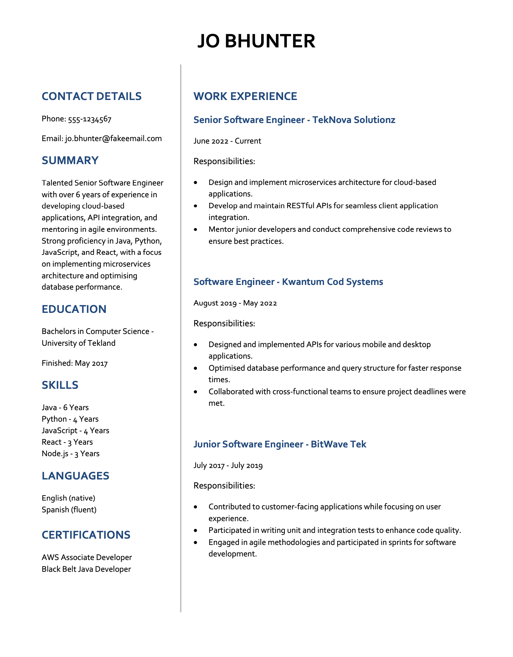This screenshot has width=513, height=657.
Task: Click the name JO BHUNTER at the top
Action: [x=256, y=41]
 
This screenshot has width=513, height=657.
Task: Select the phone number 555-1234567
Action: [x=90, y=119]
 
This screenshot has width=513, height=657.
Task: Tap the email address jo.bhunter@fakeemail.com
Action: [x=113, y=139]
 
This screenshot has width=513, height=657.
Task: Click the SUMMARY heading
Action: [x=70, y=161]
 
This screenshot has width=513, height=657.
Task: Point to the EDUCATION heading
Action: [x=74, y=309]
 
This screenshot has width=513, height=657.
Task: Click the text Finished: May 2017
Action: [x=75, y=363]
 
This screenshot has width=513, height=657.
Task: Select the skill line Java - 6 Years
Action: [x=65, y=408]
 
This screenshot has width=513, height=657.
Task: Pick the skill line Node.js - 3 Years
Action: [x=71, y=454]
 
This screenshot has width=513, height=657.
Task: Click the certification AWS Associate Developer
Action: [x=87, y=558]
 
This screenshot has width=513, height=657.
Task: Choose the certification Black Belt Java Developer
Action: [x=86, y=569]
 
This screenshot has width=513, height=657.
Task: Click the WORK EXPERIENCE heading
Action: [x=245, y=96]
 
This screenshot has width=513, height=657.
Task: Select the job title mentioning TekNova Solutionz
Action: [x=294, y=120]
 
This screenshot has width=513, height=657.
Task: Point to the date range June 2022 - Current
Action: [x=227, y=141]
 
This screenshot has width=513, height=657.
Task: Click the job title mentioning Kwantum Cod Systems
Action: [x=288, y=282]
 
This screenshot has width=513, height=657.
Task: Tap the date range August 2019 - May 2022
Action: [x=235, y=303]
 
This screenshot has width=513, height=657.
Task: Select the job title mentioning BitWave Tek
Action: [x=280, y=444]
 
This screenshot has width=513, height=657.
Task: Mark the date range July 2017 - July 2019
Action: [x=228, y=466]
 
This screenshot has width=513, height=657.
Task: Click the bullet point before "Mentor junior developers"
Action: [x=196, y=230]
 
